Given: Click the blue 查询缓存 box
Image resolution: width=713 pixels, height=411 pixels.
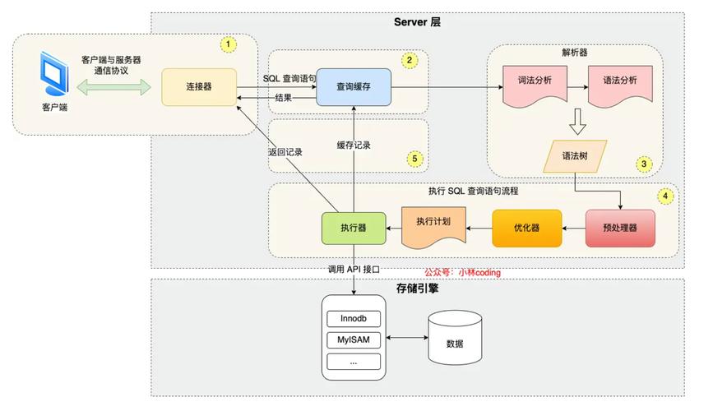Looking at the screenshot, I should (x=354, y=86).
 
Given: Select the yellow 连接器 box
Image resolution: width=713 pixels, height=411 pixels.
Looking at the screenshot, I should (x=200, y=86).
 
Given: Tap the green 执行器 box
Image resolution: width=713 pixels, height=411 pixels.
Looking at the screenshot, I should (x=354, y=229).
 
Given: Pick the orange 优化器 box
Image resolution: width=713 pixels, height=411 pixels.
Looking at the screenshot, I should (x=526, y=229).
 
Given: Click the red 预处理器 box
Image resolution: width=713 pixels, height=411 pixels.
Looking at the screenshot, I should (x=621, y=229).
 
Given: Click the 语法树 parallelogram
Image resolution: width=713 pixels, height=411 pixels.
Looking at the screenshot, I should (x=576, y=155).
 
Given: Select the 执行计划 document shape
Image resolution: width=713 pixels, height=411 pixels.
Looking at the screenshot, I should (x=433, y=226).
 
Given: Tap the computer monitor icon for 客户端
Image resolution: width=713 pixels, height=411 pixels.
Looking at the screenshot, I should (x=53, y=76).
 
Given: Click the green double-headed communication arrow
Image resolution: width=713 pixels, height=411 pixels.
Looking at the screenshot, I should (x=115, y=85).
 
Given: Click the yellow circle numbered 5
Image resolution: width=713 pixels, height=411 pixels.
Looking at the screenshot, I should (x=415, y=158).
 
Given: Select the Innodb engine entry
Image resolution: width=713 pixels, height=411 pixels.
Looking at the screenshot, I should (x=354, y=318).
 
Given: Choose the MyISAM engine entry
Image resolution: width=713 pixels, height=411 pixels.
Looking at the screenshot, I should (x=354, y=339).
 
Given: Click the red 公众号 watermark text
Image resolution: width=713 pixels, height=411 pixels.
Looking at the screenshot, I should (x=462, y=272).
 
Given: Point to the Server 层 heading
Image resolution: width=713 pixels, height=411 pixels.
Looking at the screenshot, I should (x=418, y=22).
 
